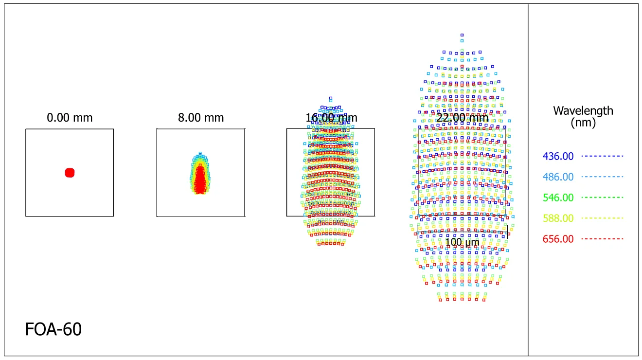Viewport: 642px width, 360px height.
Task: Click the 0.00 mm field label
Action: click(70, 118)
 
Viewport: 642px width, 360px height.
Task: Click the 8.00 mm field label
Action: click(201, 118)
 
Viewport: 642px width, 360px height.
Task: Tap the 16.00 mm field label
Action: click(331, 118)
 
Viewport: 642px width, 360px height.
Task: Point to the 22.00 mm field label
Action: click(463, 118)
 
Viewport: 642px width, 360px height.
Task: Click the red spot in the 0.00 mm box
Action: click(70, 173)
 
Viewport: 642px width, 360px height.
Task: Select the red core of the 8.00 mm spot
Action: click(200, 180)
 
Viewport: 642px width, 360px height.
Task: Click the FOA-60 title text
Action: click(53, 330)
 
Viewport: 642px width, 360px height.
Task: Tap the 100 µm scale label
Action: click(463, 242)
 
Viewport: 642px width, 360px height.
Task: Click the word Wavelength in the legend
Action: click(583, 111)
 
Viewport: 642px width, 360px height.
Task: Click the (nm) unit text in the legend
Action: click(583, 123)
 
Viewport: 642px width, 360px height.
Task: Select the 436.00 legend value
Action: click(558, 157)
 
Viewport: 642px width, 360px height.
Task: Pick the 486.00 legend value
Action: click(558, 177)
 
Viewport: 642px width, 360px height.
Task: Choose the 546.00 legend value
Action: click(558, 198)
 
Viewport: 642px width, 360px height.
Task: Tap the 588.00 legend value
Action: click(558, 218)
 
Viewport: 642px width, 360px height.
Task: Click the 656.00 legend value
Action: click(558, 239)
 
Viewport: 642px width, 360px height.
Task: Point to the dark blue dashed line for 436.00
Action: click(602, 156)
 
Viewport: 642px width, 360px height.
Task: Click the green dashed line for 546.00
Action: click(602, 198)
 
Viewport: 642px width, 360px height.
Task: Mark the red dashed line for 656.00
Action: click(602, 239)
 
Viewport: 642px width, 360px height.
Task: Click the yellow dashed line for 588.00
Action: click(602, 218)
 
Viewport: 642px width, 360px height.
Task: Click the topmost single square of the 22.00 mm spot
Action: click(462, 35)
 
